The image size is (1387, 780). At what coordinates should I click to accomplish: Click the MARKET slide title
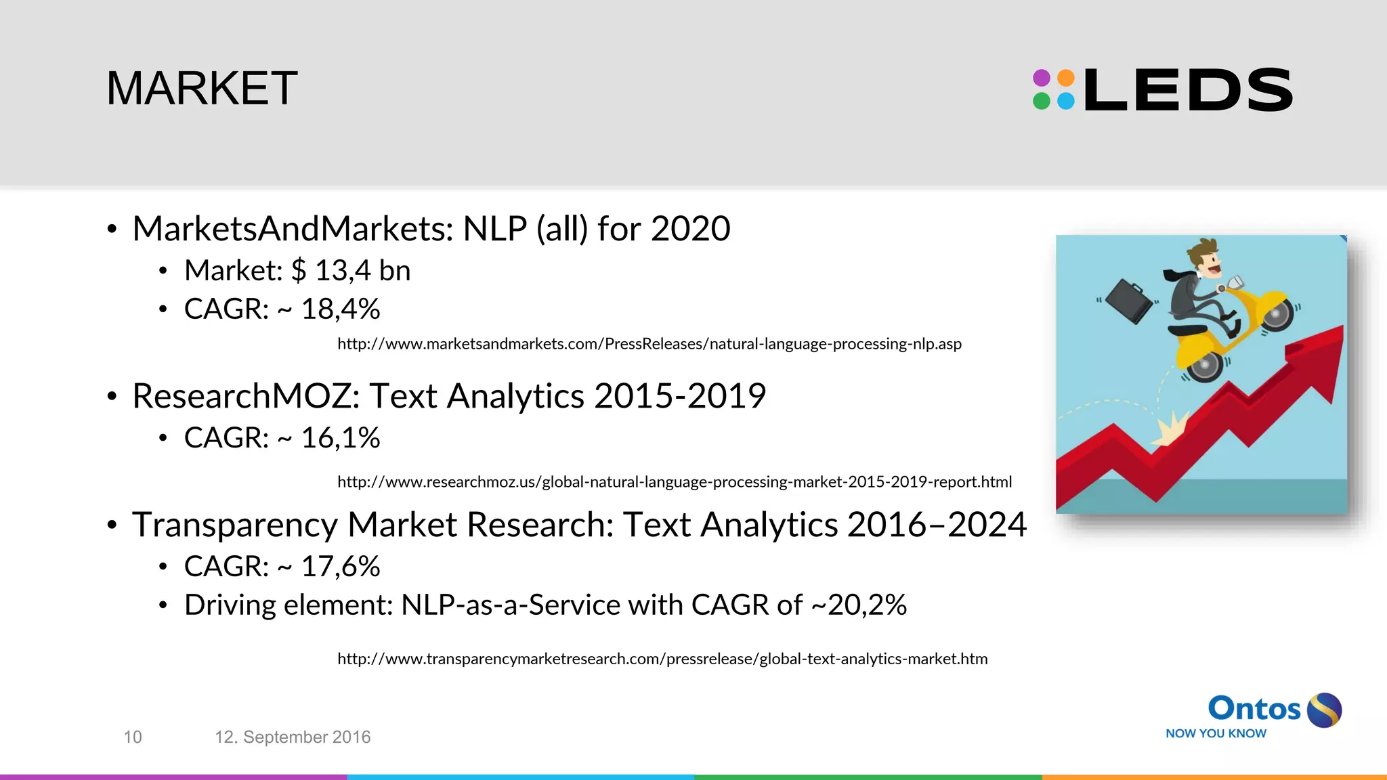click(202, 88)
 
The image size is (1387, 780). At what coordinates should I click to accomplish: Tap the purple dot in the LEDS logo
click(1042, 78)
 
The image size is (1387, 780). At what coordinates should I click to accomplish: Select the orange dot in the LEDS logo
click(1066, 78)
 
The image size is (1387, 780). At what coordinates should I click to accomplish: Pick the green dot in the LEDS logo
click(1042, 102)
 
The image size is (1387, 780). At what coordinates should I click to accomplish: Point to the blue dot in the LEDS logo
click(1066, 102)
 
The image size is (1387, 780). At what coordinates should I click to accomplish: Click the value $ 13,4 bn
click(351, 271)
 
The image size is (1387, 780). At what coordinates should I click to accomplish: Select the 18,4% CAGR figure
click(340, 309)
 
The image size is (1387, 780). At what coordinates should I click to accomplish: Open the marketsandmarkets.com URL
click(649, 344)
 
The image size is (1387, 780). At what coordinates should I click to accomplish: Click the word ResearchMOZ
click(245, 396)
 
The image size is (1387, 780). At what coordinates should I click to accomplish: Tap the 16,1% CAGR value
click(340, 438)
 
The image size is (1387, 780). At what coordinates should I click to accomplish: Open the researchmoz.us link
click(675, 482)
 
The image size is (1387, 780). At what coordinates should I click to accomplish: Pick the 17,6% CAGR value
click(340, 567)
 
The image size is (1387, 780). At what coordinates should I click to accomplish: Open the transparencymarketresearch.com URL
click(662, 659)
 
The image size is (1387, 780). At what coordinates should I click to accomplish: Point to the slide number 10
click(133, 737)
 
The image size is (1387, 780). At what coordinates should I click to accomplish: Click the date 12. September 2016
click(293, 737)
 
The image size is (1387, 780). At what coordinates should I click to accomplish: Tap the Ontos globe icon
click(1324, 710)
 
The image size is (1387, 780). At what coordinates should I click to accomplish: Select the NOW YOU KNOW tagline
click(1216, 733)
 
